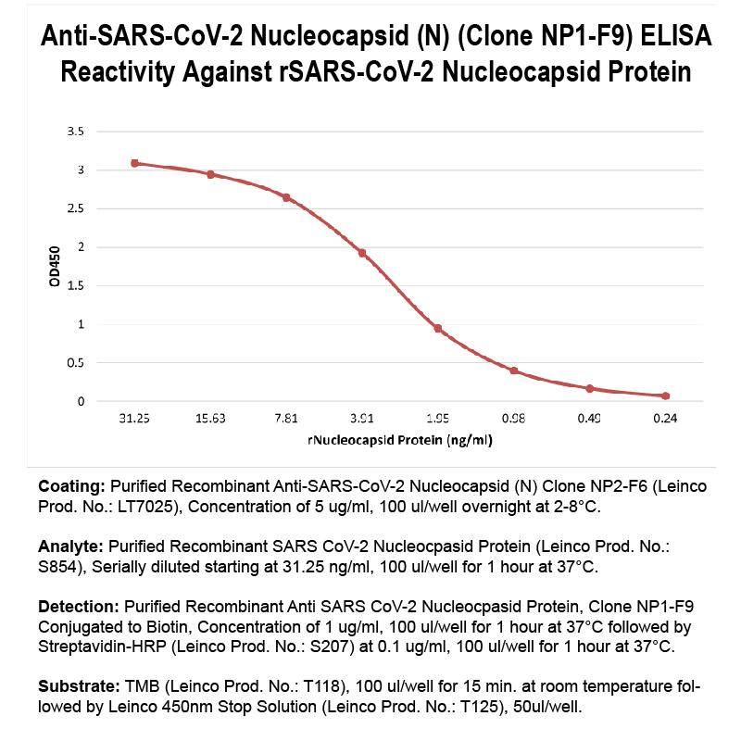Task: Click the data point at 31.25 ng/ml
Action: click(x=134, y=163)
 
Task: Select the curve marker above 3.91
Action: click(x=362, y=253)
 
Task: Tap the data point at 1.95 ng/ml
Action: click(x=438, y=329)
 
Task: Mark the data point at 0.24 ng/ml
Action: click(x=665, y=396)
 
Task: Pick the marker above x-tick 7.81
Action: click(x=286, y=197)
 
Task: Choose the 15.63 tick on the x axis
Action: click(x=210, y=419)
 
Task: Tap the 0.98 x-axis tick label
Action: click(x=513, y=419)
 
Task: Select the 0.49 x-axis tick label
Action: click(x=589, y=419)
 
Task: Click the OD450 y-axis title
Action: click(x=55, y=267)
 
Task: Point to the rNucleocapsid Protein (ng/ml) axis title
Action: click(x=399, y=440)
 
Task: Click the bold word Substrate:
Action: click(x=79, y=688)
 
